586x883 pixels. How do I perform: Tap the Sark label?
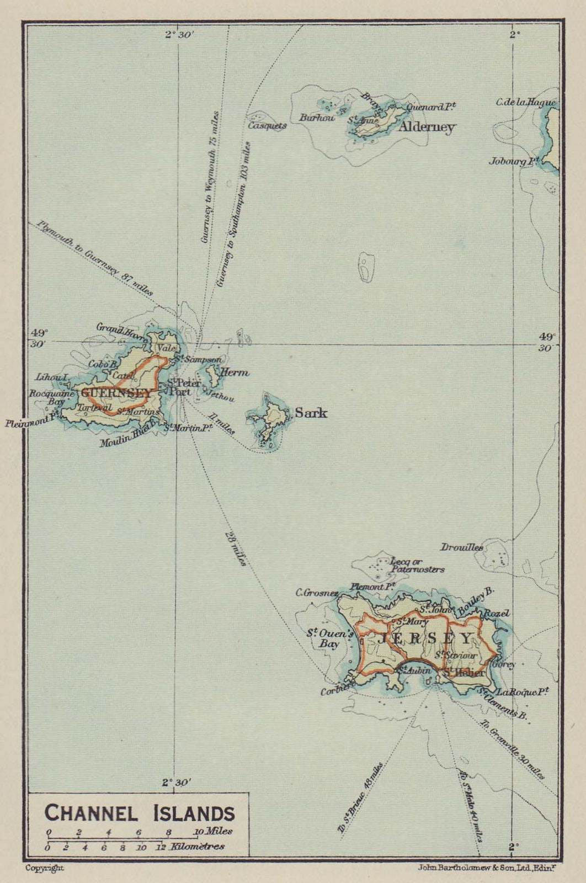tap(311, 413)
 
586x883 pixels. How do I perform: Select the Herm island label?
tap(235, 373)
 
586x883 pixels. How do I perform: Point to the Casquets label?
tap(267, 125)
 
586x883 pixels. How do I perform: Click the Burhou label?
tap(317, 118)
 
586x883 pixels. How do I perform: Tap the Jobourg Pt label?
tap(513, 161)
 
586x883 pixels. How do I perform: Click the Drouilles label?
tap(461, 547)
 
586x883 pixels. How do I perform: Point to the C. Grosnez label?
tap(317, 593)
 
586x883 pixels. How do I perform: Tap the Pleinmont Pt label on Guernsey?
tap(31, 423)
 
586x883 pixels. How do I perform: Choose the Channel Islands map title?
tap(139, 813)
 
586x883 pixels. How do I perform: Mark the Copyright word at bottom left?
tap(45, 868)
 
